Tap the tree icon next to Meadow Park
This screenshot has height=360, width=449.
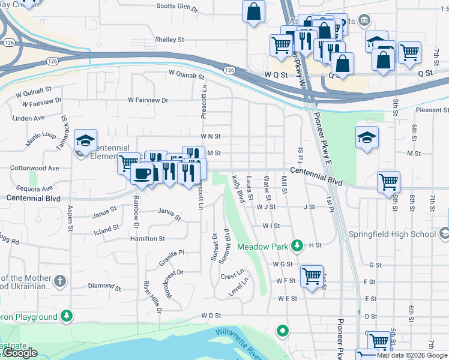[296, 245]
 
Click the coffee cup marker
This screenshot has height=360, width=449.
[142, 174]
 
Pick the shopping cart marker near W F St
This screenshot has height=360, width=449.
[312, 277]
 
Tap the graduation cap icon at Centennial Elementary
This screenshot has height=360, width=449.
[85, 140]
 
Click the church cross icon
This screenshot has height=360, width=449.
[60, 281]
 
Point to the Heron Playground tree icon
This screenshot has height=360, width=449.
[68, 316]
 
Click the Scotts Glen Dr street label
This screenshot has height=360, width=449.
[177, 7]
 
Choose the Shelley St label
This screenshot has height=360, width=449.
[169, 40]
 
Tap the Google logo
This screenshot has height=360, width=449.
[20, 353]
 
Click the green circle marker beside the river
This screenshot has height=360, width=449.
[282, 330]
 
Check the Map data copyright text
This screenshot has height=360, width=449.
[412, 355]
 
